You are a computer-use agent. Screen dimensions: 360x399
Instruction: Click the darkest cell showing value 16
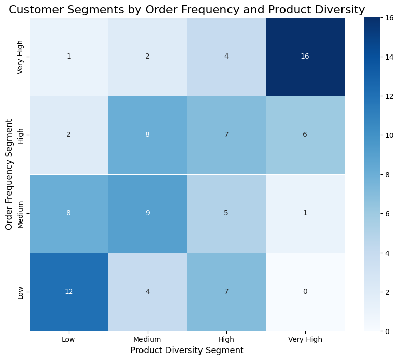pos(304,56)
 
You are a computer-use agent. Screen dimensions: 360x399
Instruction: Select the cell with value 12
pos(68,292)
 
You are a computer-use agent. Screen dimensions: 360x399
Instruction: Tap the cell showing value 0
pos(304,292)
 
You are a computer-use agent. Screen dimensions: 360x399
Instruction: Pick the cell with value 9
pos(147,213)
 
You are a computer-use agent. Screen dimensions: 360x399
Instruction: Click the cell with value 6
pos(304,135)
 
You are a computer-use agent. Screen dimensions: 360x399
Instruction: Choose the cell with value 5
pos(226,213)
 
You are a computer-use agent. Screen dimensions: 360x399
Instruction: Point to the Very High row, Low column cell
pos(68,56)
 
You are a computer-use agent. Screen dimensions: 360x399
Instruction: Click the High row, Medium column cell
pos(147,135)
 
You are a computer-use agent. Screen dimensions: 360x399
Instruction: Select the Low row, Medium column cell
pos(147,292)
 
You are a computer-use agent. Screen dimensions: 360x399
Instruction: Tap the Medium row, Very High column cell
pos(304,213)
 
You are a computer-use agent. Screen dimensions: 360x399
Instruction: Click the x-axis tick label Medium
pos(147,339)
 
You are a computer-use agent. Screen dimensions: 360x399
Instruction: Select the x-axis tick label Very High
pos(304,339)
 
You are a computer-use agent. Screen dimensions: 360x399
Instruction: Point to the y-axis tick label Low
pos(20,292)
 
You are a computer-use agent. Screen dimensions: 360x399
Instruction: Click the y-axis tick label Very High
pos(20,56)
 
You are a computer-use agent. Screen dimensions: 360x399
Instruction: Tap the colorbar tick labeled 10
pos(385,135)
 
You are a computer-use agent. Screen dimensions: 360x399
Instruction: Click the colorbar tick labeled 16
pos(385,17)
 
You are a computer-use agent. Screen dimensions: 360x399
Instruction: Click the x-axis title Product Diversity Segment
pos(187,350)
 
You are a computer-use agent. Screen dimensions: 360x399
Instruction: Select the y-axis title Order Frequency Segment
pos(10,174)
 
